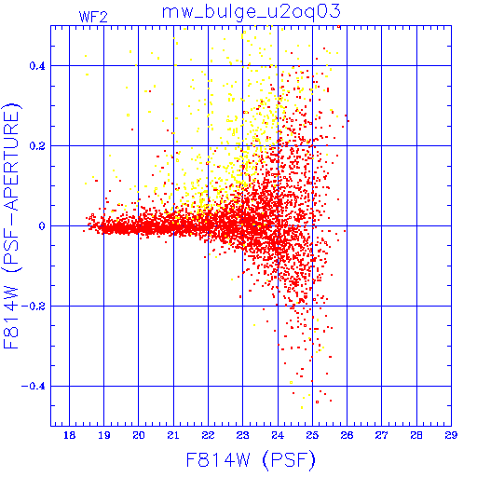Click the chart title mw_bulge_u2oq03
pyautogui.click(x=252, y=12)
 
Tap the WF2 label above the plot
pyautogui.click(x=93, y=17)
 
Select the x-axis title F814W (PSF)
pyautogui.click(x=251, y=460)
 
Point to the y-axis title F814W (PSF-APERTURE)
pyautogui.click(x=12, y=225)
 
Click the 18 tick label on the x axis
pyautogui.click(x=70, y=435)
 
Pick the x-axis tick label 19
pyautogui.click(x=104, y=435)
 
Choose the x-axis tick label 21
pyautogui.click(x=173, y=435)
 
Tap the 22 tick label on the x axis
pyautogui.click(x=208, y=435)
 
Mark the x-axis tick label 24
pyautogui.click(x=278, y=435)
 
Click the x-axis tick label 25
pyautogui.click(x=312, y=435)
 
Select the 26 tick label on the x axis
pyautogui.click(x=347, y=435)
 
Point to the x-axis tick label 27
pyautogui.click(x=382, y=435)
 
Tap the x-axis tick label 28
pyautogui.click(x=416, y=435)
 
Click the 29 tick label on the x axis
pyautogui.click(x=451, y=435)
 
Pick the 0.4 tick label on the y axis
pyautogui.click(x=37, y=66)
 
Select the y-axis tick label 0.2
pyautogui.click(x=37, y=146)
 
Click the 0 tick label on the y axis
pyautogui.click(x=42, y=226)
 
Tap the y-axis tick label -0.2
pyautogui.click(x=34, y=307)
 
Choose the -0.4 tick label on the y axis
pyautogui.click(x=34, y=387)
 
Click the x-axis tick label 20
pyautogui.click(x=139, y=435)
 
